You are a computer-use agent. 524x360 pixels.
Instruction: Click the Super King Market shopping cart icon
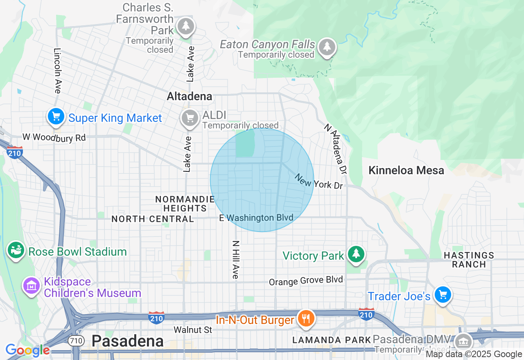pyautogui.click(x=56, y=117)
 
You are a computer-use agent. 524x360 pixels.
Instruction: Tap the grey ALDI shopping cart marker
pyautogui.click(x=189, y=118)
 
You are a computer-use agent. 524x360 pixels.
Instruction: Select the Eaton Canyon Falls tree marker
pyautogui.click(x=327, y=47)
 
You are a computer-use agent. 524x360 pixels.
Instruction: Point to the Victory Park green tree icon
pyautogui.click(x=356, y=254)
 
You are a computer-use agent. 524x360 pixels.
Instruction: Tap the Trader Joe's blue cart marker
pyautogui.click(x=443, y=294)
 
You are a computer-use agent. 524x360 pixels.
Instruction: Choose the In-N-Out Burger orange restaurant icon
pyautogui.click(x=305, y=318)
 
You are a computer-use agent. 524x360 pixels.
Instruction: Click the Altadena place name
pyautogui.click(x=190, y=96)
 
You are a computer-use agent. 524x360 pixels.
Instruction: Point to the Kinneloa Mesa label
pyautogui.click(x=406, y=170)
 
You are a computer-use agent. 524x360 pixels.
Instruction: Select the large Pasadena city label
pyautogui.click(x=127, y=340)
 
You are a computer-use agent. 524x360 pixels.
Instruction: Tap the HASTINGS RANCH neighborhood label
pyautogui.click(x=469, y=260)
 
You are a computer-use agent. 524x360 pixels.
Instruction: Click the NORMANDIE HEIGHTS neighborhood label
pyautogui.click(x=185, y=203)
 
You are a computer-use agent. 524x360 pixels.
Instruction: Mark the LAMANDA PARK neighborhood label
pyautogui.click(x=332, y=340)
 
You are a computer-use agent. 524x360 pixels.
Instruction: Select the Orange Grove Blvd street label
pyautogui.click(x=306, y=281)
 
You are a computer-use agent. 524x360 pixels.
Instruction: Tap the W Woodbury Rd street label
pyautogui.click(x=54, y=137)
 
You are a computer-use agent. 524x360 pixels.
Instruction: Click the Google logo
pyautogui.click(x=27, y=350)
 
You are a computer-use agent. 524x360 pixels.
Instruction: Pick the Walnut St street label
pyautogui.click(x=193, y=329)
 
